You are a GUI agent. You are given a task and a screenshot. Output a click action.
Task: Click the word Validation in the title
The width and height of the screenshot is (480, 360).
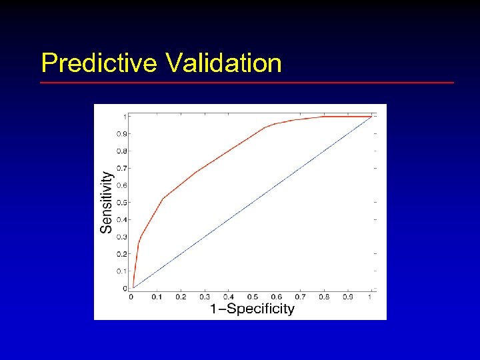[223, 63]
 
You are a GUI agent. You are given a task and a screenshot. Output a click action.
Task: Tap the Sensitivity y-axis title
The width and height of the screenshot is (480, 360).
[106, 202]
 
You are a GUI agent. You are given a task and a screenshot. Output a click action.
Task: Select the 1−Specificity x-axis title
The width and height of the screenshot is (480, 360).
[252, 309]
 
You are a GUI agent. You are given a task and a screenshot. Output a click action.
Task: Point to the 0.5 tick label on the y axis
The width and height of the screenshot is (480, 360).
[121, 203]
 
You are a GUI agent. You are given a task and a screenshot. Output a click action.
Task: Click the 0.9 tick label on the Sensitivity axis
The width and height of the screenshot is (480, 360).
[121, 134]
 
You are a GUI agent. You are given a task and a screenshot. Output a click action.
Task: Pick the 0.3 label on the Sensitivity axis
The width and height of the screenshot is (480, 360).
[121, 237]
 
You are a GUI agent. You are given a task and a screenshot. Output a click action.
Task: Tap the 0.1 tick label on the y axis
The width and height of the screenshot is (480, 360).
[121, 271]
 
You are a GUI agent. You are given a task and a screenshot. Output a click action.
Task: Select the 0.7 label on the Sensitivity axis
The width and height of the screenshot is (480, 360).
[121, 168]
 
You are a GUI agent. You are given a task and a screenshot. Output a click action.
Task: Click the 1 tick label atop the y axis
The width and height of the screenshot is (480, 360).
[125, 117]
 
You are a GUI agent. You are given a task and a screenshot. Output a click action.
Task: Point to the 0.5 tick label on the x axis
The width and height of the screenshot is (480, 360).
[252, 297]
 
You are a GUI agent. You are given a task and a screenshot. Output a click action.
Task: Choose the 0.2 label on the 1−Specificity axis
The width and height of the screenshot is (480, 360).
[181, 297]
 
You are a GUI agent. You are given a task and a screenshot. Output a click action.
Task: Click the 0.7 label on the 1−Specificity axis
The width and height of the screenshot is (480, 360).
[300, 297]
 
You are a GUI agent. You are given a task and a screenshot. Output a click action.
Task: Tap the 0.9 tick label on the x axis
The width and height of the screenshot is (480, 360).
[347, 297]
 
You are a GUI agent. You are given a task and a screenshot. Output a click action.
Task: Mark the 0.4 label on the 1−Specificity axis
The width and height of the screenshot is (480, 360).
[228, 297]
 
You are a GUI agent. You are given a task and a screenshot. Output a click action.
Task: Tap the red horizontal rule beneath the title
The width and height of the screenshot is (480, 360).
[247, 83]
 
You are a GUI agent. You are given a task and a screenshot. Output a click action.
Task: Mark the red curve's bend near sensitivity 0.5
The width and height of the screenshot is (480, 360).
[162, 199]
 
